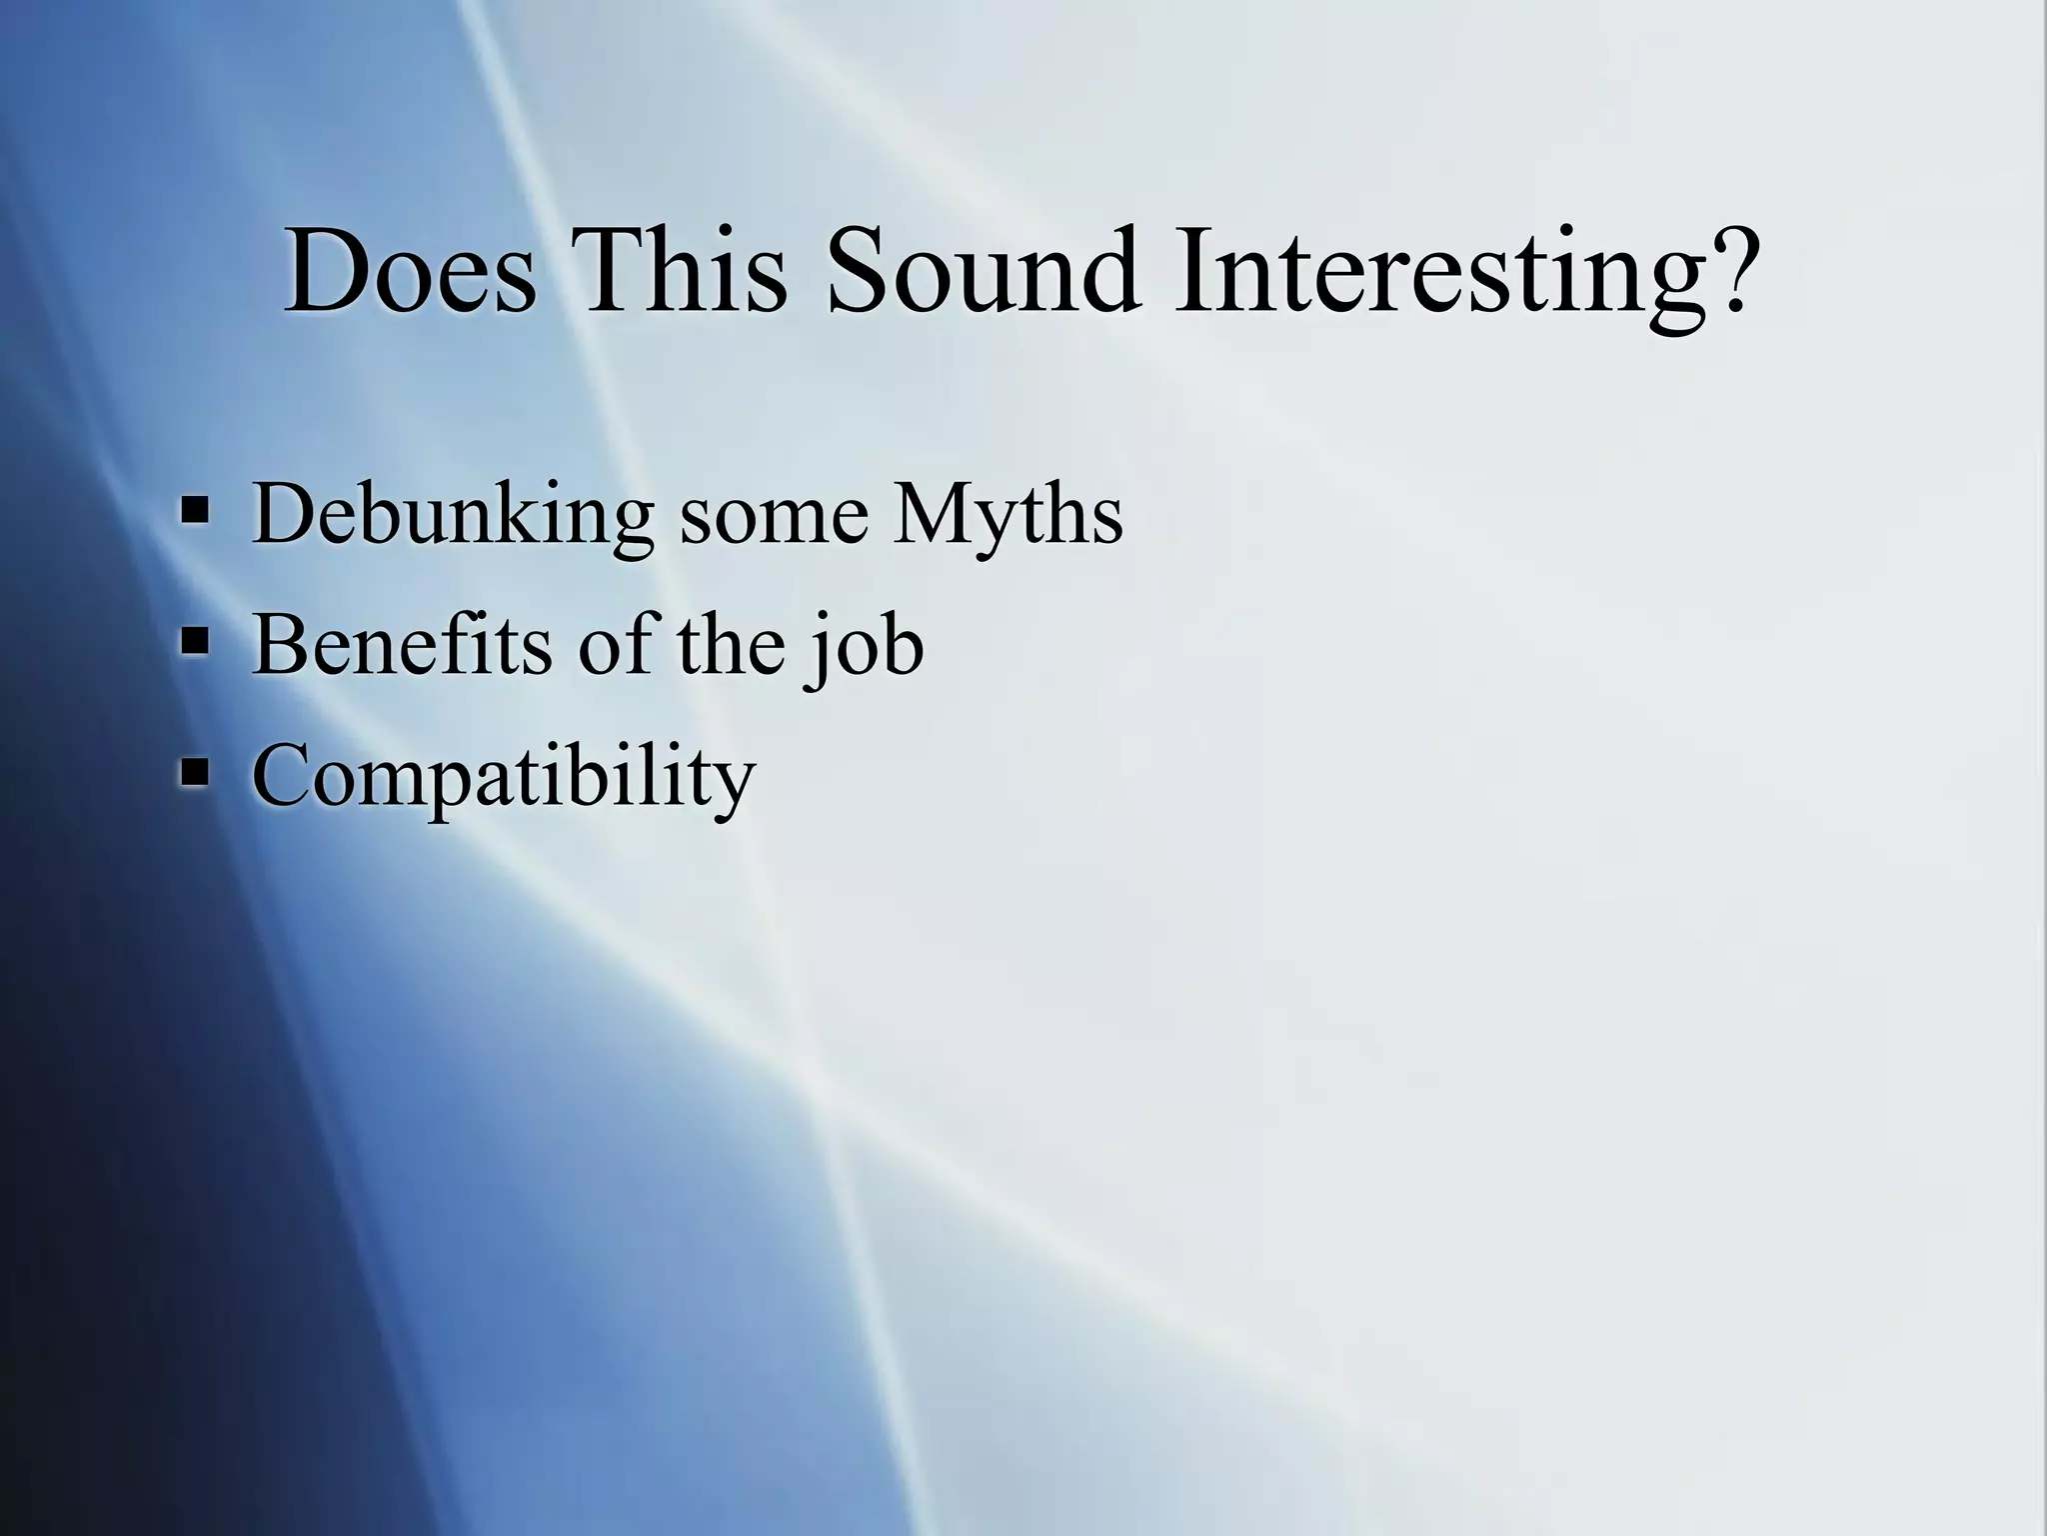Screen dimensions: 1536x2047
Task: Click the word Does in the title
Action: (410, 272)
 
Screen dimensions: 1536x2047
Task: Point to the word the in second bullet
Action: (731, 645)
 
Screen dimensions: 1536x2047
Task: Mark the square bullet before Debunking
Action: (195, 512)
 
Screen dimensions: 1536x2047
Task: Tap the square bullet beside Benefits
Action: (195, 642)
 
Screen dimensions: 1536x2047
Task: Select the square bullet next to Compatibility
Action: (195, 772)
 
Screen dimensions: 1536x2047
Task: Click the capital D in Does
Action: (326, 272)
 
